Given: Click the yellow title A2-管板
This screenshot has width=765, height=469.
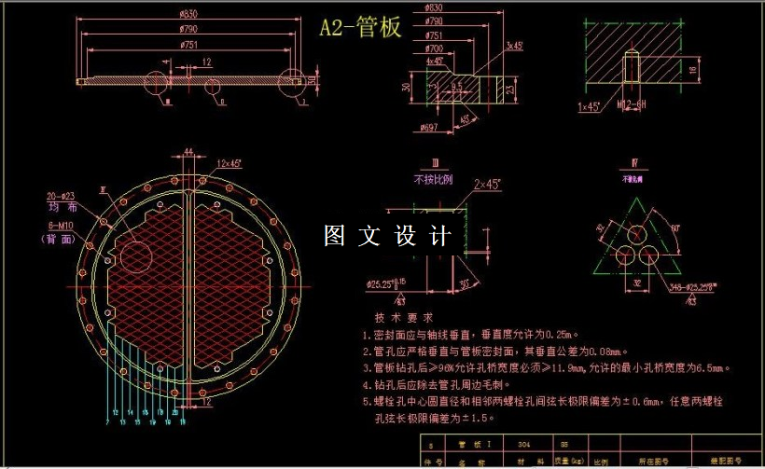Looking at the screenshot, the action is tap(360, 28).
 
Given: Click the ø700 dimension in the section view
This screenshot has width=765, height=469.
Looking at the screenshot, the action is tap(434, 48).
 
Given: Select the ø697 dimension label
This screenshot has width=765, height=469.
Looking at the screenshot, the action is tap(429, 126).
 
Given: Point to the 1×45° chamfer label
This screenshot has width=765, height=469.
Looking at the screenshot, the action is tap(589, 106).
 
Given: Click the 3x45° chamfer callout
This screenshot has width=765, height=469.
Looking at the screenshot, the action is tap(514, 45).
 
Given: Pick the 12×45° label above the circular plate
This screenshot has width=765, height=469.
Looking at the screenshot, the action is tap(229, 163).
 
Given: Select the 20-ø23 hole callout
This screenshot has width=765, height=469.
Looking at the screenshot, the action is tap(61, 197).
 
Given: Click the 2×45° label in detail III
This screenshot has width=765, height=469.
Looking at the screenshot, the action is tap(488, 184).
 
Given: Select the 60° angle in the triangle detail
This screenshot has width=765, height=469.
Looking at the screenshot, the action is tap(675, 227).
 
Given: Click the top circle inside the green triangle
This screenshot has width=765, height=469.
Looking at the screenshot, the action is tap(641, 240).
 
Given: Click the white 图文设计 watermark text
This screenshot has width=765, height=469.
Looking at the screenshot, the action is tap(387, 236).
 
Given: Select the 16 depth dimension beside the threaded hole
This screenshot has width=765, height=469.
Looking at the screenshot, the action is tap(692, 69).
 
